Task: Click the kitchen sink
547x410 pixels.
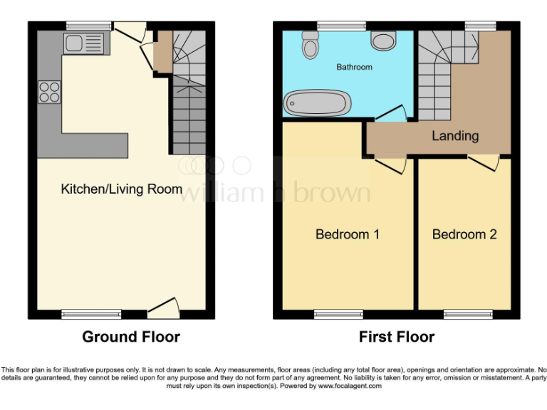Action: point(83,44)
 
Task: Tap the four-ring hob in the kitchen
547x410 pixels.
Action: point(49,92)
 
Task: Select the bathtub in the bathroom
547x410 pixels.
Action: point(317,103)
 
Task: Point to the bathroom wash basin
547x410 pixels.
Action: point(385,42)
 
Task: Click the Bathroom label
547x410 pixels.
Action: point(354,68)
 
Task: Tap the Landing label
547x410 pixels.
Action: point(455,135)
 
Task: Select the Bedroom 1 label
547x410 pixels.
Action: point(347,234)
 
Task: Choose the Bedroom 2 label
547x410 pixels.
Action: point(464,234)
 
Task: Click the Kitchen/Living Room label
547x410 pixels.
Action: point(121,189)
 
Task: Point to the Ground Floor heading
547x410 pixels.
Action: point(131,337)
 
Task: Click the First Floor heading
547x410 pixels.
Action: point(397,337)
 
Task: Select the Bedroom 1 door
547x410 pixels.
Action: point(390,164)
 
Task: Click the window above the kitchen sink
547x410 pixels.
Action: point(89,26)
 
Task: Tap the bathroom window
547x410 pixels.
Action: point(337,26)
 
